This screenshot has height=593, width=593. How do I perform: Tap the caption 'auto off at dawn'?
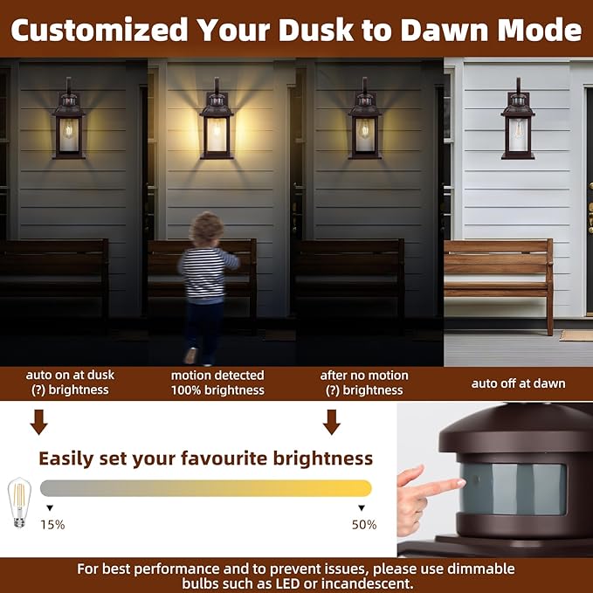(518, 383)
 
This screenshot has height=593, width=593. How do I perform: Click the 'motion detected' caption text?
(217, 376)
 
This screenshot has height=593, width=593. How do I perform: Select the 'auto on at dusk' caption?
(70, 375)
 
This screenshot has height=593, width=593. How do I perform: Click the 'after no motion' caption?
(364, 376)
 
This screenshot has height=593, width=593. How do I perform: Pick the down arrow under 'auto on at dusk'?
(38, 423)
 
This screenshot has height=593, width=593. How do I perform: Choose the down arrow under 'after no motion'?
(332, 423)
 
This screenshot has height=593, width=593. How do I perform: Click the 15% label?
(52, 525)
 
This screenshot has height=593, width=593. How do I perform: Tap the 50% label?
(363, 525)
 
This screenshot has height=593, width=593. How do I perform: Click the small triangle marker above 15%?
(50, 507)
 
